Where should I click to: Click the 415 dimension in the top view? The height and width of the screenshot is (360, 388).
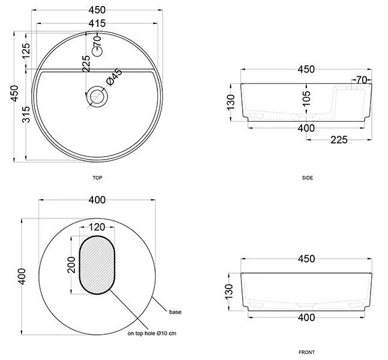pyautogui.click(x=97, y=23)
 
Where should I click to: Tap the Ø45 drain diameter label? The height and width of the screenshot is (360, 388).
pyautogui.click(x=114, y=77)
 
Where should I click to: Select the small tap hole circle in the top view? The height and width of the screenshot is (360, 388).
pyautogui.click(x=97, y=52)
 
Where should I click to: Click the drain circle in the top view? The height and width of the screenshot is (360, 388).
pyautogui.click(x=97, y=97)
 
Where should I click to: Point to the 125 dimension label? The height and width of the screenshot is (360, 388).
pyautogui.click(x=26, y=51)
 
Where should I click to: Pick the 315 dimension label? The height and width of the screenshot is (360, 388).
pyautogui.click(x=26, y=115)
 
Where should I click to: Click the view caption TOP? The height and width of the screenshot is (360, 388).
pyautogui.click(x=97, y=178)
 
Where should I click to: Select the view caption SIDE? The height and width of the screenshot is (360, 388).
pyautogui.click(x=308, y=178)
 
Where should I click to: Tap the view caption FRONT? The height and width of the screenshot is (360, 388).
pyautogui.click(x=306, y=352)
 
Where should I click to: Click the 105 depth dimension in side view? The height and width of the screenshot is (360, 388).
pyautogui.click(x=306, y=98)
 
